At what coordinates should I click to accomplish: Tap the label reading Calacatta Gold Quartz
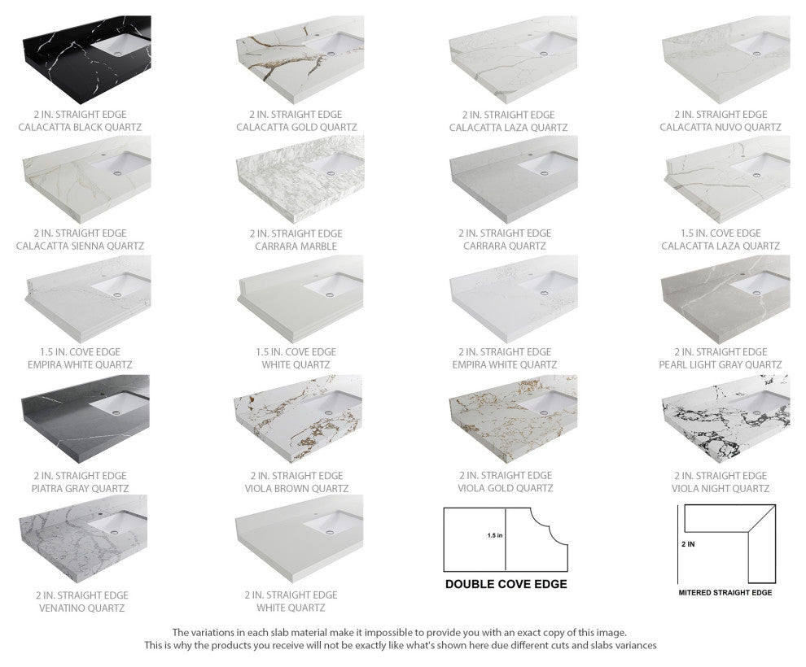[x=288, y=128]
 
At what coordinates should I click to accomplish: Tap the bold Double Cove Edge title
[x=506, y=584]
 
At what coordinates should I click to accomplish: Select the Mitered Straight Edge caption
[x=725, y=593]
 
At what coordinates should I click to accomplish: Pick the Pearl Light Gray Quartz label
[x=720, y=365]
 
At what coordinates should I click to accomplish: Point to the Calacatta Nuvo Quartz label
[x=720, y=128]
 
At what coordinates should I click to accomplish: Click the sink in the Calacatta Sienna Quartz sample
[x=122, y=166]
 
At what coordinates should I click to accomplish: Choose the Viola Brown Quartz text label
[x=296, y=489]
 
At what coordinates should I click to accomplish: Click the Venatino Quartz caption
[x=81, y=608]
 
